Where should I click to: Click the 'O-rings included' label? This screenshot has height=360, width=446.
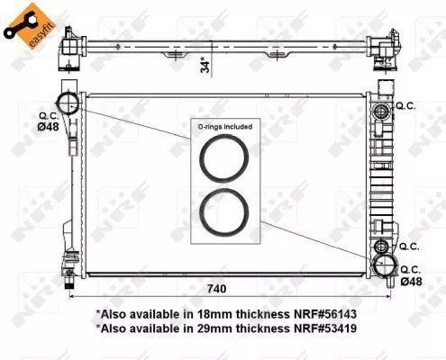point(224,127)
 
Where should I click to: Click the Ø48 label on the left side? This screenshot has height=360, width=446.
point(50,127)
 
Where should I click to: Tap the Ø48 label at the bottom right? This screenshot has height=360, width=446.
point(411,281)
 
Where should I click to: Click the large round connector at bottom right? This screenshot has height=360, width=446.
point(386,265)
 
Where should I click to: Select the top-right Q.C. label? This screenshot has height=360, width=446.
point(406,106)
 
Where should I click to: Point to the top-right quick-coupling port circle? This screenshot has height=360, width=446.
point(382,111)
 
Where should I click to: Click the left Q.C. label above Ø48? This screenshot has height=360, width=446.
point(49,115)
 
